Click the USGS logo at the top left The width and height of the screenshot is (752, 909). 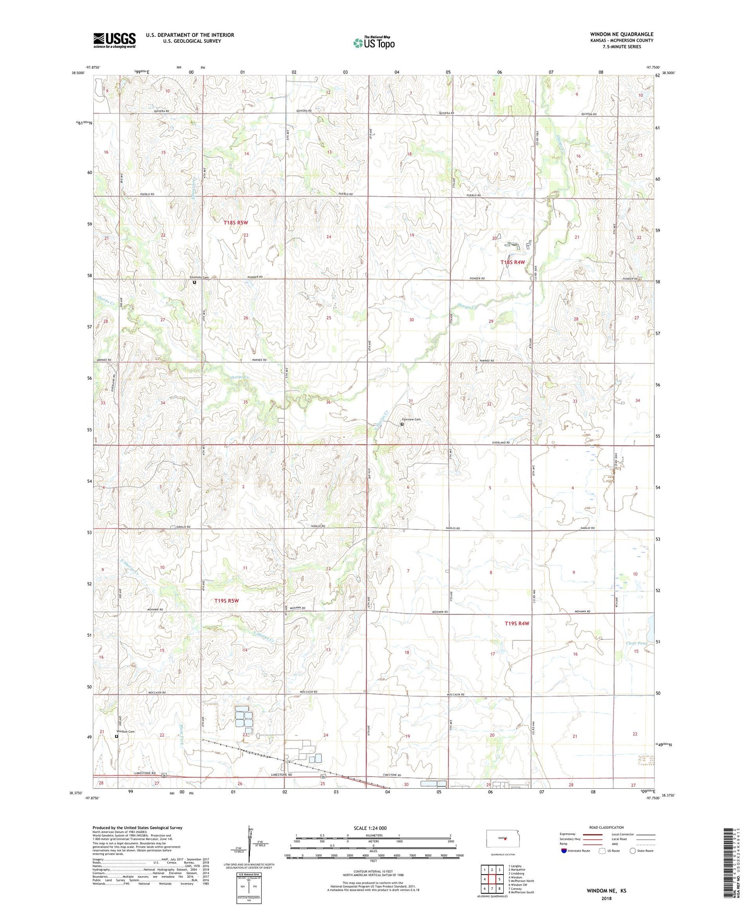pyautogui.click(x=114, y=40)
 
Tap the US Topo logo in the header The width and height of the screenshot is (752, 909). pyautogui.click(x=374, y=43)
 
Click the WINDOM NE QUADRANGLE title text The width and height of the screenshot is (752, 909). pyautogui.click(x=621, y=34)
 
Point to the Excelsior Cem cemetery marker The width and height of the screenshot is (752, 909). pyautogui.click(x=195, y=283)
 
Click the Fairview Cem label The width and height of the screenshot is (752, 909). pyautogui.click(x=411, y=419)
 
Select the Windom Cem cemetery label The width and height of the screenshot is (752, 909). pyautogui.click(x=125, y=731)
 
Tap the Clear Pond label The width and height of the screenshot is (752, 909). pyautogui.click(x=636, y=643)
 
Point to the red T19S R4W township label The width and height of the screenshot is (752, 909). pyautogui.click(x=517, y=623)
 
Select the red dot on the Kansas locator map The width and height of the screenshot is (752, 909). pyautogui.click(x=505, y=839)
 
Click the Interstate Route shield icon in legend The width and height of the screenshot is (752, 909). pyautogui.click(x=564, y=851)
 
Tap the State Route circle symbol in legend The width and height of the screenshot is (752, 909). pyautogui.click(x=633, y=851)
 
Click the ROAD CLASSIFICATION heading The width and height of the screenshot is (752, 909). pyautogui.click(x=607, y=827)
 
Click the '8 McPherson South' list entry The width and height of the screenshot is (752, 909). pyautogui.click(x=521, y=892)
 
